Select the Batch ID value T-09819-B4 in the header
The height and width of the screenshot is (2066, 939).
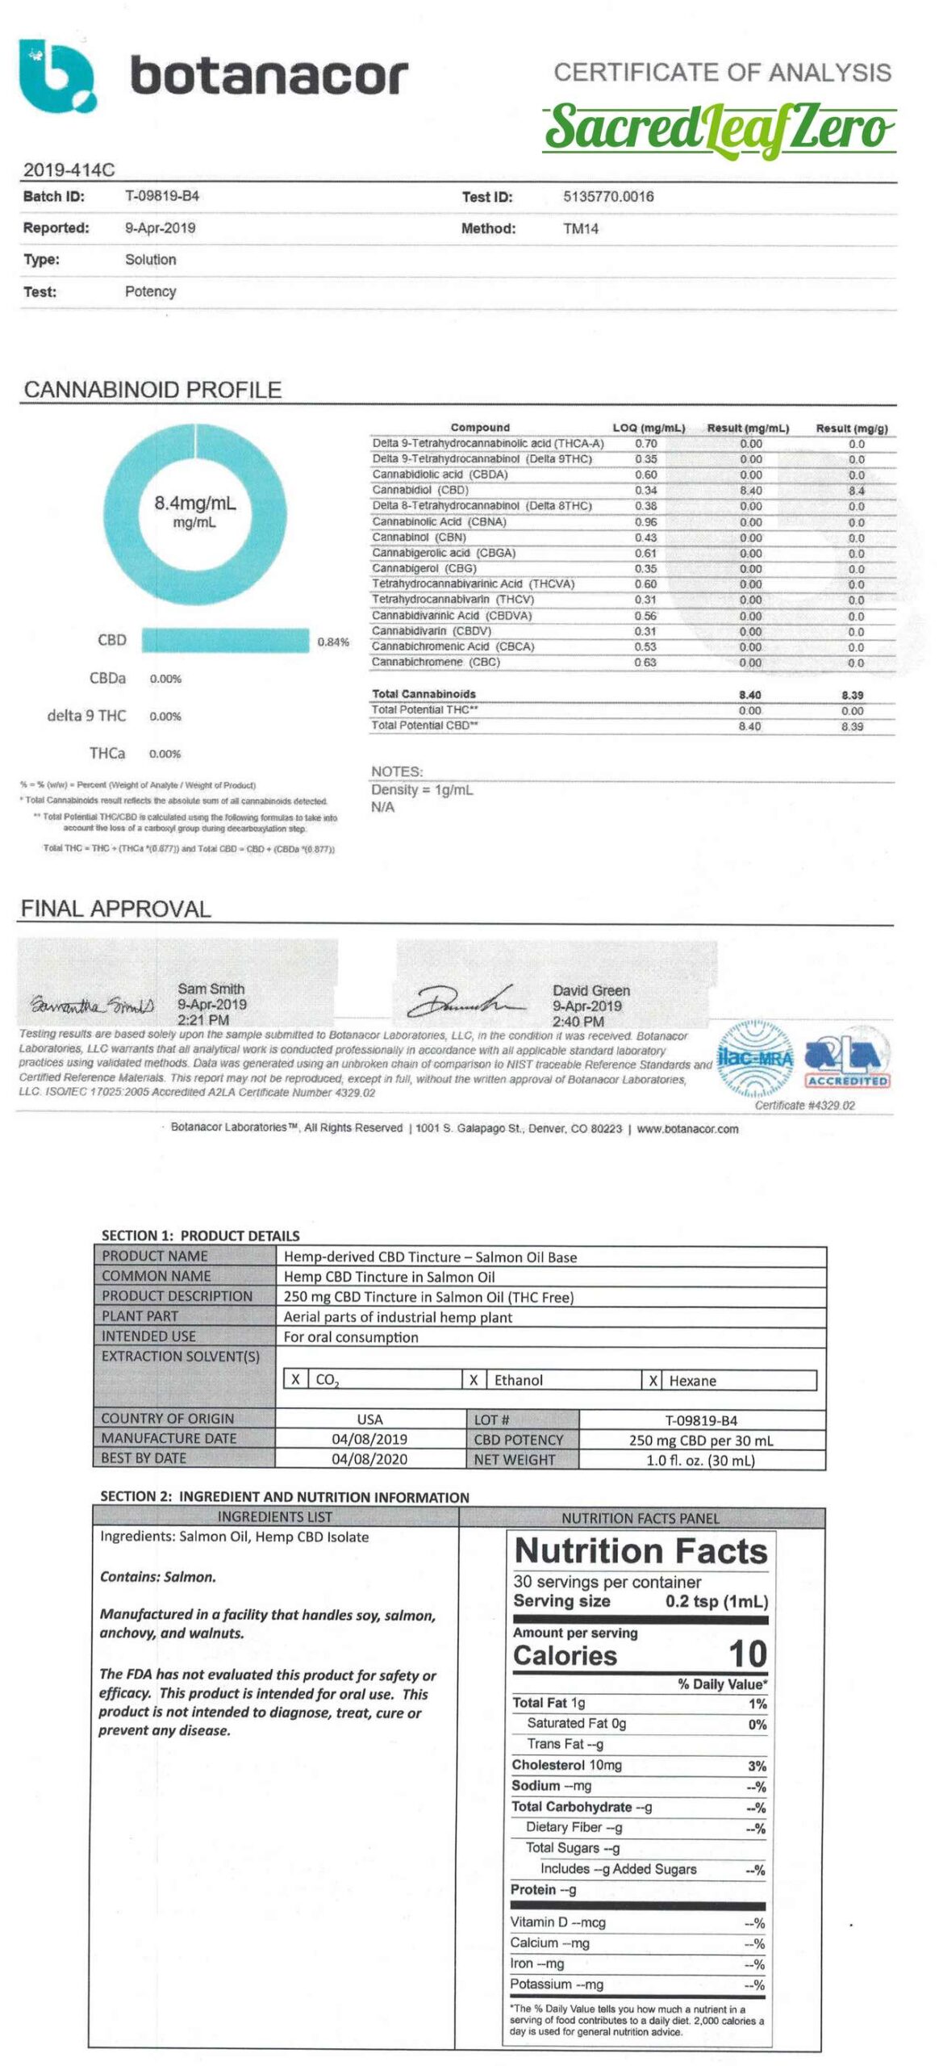(161, 196)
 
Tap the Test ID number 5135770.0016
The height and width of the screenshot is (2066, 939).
(607, 196)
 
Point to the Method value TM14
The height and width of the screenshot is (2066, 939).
(580, 228)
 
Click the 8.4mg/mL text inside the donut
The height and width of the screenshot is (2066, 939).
(194, 503)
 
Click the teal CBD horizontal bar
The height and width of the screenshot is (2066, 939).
(224, 641)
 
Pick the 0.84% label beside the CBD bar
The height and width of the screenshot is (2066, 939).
(332, 642)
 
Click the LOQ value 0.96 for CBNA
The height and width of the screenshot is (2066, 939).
(645, 521)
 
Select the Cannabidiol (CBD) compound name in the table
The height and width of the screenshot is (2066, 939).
(419, 490)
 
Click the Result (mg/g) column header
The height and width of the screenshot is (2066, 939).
(851, 428)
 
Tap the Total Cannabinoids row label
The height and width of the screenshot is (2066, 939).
(424, 694)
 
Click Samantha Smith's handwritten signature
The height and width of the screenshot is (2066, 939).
(92, 1006)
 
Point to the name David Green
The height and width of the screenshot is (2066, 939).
(591, 990)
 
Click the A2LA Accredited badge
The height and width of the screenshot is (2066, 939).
(846, 1060)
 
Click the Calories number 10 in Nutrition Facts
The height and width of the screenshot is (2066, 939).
(747, 1654)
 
